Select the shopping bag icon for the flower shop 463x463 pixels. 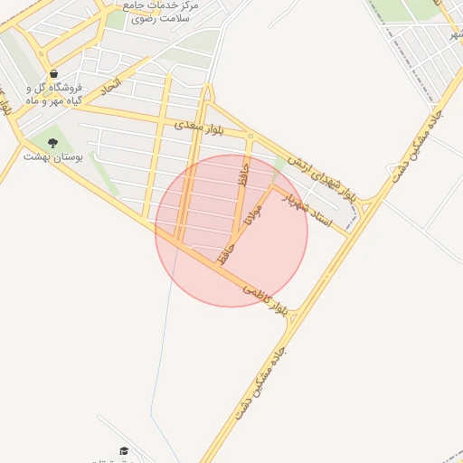[53, 74]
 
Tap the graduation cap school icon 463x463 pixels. [123, 450]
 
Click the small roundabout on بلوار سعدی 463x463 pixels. [250, 137]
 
